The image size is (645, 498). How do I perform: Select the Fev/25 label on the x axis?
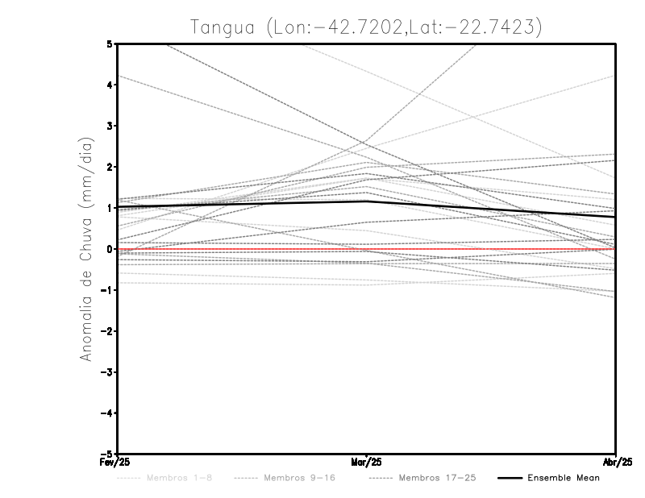(x=106, y=462)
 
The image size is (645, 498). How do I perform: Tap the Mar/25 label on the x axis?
(x=367, y=462)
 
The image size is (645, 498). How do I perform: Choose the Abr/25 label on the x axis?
(x=616, y=462)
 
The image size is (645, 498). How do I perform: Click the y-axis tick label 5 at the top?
(x=110, y=44)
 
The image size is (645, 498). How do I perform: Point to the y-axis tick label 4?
(x=110, y=85)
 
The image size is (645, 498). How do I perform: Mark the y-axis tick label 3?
(x=110, y=126)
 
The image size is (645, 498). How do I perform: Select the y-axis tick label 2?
(x=110, y=167)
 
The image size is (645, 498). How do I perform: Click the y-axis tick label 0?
(x=110, y=249)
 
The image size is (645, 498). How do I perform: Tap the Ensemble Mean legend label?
(x=564, y=478)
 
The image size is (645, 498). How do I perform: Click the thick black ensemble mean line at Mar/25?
(x=367, y=201)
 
